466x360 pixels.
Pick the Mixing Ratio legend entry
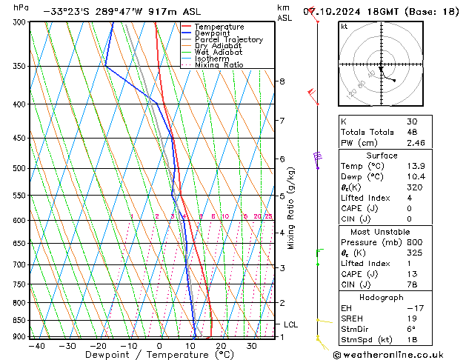(219, 65)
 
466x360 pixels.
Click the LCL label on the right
(291, 324)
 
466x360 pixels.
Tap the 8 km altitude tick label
(282, 81)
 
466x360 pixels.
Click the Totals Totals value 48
(412, 131)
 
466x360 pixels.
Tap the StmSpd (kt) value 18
(412, 341)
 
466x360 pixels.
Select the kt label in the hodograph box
(344, 26)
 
